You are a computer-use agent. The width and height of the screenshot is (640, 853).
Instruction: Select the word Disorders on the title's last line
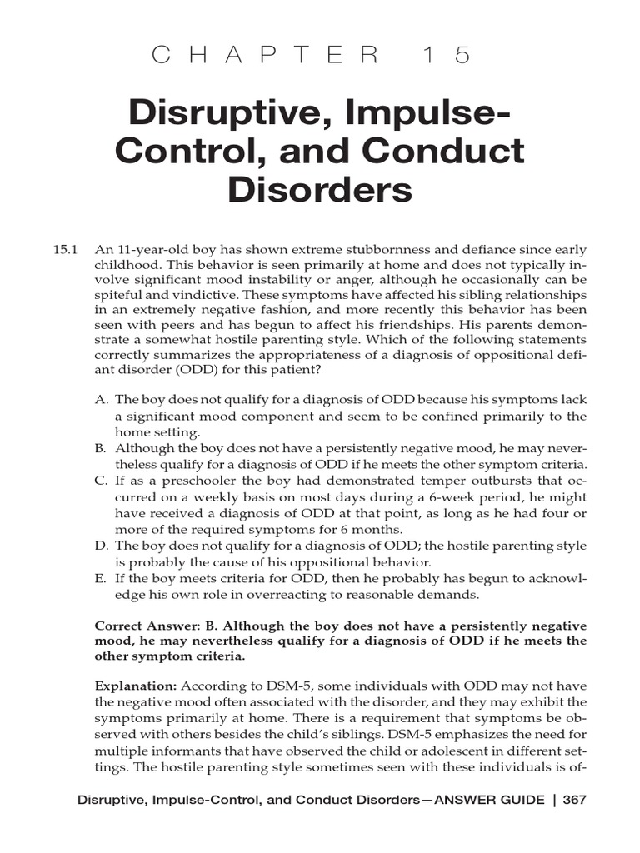coord(320,191)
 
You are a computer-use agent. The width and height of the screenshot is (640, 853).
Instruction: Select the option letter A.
coord(101,401)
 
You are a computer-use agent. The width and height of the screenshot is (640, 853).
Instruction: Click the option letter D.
coord(101,546)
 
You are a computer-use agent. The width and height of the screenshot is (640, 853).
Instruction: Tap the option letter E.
coord(101,578)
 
